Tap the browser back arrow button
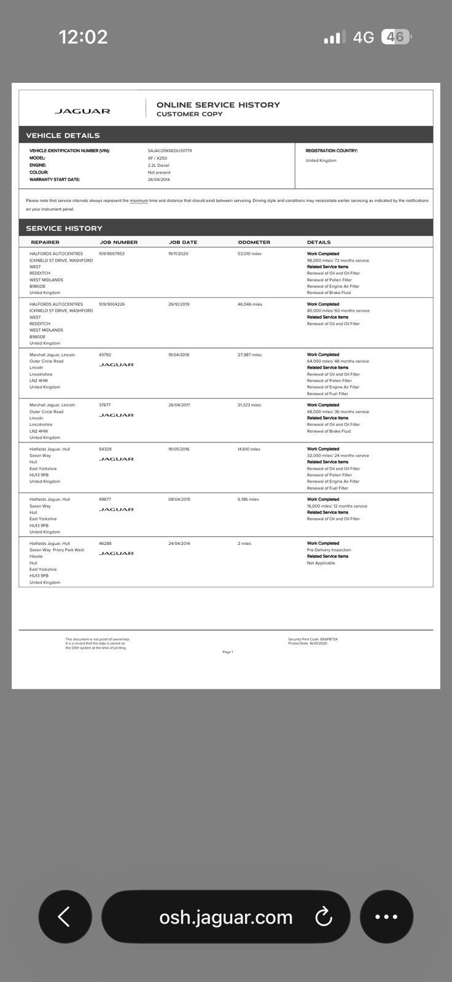pos(64,916)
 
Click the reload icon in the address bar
pos(324,917)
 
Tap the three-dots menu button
pos(386,916)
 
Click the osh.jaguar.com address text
pos(225,917)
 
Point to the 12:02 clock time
pos(84,37)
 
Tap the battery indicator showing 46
pos(396,37)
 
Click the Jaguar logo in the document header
pos(82,111)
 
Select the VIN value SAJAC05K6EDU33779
pos(169,150)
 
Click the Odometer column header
pos(254,242)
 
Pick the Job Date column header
pos(183,242)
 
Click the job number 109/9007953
pos(112,253)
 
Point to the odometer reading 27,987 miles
pos(249,355)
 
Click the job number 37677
pos(105,405)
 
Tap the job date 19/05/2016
pos(179,449)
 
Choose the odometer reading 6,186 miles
pos(248,500)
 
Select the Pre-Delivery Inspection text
pos(329,550)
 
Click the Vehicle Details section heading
pos(63,136)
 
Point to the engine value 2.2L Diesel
pos(158,165)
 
